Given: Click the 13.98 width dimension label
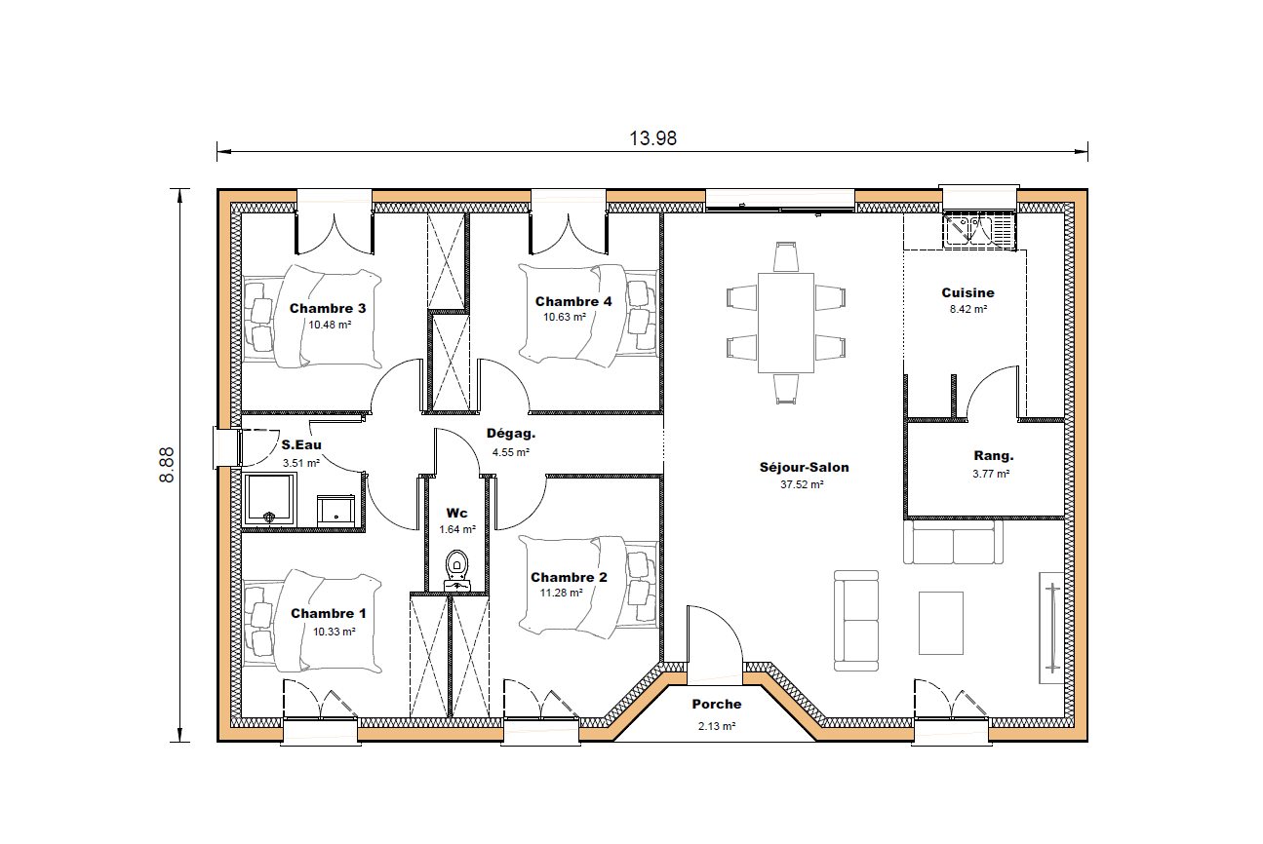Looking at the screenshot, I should point(652,138).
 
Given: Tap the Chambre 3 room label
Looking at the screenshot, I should point(329,309).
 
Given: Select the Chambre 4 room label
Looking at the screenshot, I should point(573,302).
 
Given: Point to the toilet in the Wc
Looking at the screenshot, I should point(456,564).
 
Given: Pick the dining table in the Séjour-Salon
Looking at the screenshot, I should point(786,323).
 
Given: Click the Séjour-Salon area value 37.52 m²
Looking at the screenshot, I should point(804,484).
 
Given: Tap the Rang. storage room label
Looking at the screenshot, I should point(993,456).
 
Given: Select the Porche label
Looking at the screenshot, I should point(717,705).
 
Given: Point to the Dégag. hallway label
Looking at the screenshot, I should point(511,435).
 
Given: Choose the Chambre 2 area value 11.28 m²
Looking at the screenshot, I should point(561,593).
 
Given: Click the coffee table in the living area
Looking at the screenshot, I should point(940,623).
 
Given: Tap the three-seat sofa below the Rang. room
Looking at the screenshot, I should point(953,543).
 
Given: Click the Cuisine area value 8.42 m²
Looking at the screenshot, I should point(967,309).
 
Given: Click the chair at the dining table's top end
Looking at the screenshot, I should point(786,256).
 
